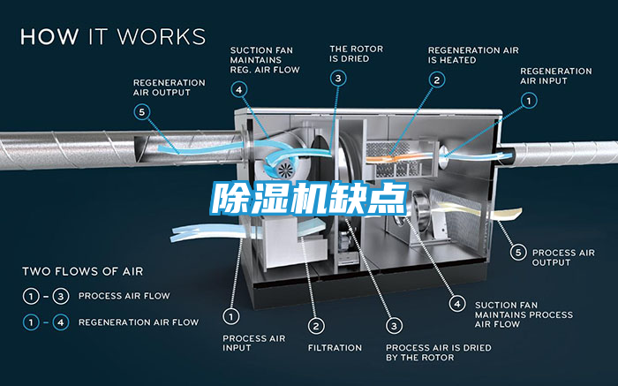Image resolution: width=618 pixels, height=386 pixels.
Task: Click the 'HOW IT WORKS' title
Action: click(x=113, y=36)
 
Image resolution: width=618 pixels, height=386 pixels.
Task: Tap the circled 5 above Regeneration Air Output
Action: click(x=141, y=111)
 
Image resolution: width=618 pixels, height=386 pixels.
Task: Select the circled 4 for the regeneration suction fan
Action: click(x=240, y=88)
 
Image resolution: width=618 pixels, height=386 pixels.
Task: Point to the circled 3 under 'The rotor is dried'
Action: click(x=339, y=79)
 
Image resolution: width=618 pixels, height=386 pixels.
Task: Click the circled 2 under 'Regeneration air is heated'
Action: click(x=436, y=79)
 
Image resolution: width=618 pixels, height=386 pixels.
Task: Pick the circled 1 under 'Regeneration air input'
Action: click(x=529, y=101)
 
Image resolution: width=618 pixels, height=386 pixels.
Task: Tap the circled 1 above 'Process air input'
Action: click(x=231, y=315)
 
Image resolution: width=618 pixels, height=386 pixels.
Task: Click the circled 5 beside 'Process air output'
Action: click(x=521, y=253)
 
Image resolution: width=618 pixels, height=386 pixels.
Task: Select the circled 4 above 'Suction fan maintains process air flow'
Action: click(x=456, y=303)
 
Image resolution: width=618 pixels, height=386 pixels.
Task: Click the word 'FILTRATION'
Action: click(x=335, y=348)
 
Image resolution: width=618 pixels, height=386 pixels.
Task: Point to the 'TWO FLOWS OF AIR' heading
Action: click(x=83, y=271)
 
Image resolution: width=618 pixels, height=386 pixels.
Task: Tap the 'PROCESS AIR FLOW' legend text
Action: click(x=124, y=296)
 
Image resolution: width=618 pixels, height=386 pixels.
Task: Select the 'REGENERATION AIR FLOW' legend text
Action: click(x=139, y=322)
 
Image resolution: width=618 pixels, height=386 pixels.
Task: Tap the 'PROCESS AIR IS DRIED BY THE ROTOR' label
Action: click(x=420, y=352)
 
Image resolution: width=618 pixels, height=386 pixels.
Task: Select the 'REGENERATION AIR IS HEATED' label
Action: click(x=473, y=55)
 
